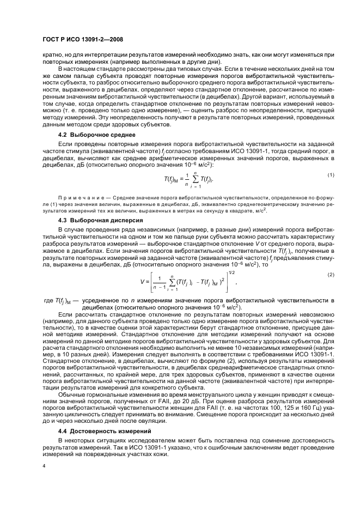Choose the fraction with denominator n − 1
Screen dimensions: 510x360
(159, 282)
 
